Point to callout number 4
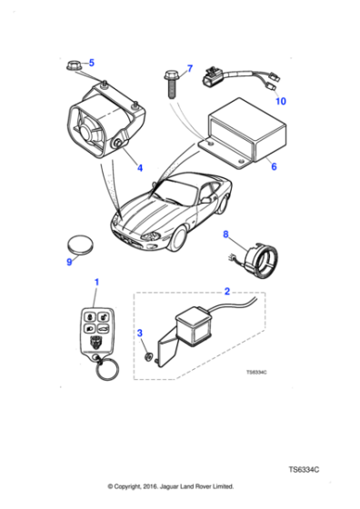[139, 167]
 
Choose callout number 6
[272, 166]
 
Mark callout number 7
[189, 69]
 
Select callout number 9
[69, 263]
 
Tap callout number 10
[280, 101]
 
